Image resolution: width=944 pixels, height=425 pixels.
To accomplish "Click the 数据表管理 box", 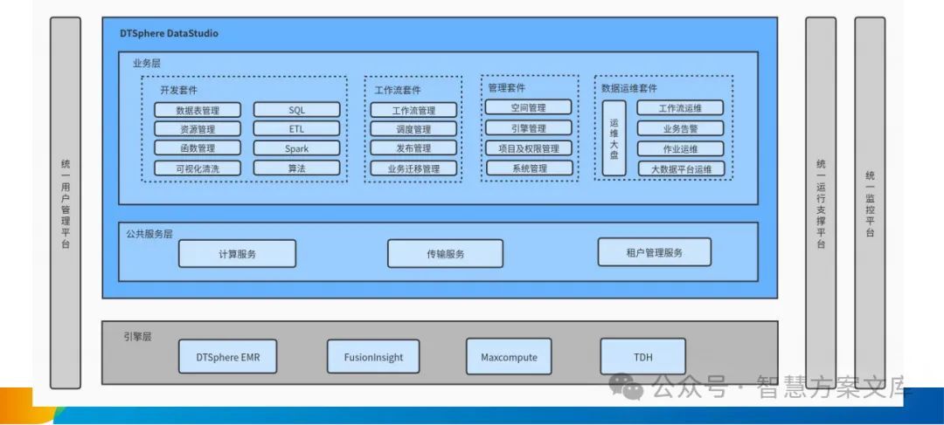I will pos(198,110).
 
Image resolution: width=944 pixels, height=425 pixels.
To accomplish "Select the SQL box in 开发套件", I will pos(296,110).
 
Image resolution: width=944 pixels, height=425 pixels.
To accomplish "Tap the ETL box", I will pos(296,129).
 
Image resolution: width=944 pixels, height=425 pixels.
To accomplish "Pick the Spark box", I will pos(296,148).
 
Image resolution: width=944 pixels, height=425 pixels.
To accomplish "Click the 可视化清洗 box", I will pos(198,168).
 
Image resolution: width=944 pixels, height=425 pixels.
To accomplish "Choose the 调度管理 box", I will pos(413,129).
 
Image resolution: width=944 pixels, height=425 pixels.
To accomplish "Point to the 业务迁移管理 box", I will pos(413,168).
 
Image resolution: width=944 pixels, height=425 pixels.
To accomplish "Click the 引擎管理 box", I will pos(529,128).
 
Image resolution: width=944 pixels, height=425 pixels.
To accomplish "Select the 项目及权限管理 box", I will pos(529,148).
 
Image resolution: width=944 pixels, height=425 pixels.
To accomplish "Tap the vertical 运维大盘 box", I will pos(614,138).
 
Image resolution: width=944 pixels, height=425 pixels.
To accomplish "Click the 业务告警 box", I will pos(680,128).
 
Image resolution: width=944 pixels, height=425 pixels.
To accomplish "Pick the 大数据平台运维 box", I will pos(680,168).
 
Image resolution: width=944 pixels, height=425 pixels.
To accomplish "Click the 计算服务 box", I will pos(237,253).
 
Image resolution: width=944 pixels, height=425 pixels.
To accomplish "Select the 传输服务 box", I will pos(445,253).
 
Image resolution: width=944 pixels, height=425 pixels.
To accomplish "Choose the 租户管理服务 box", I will pos(654,252).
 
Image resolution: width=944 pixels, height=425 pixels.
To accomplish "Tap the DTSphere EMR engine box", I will pos(227,357).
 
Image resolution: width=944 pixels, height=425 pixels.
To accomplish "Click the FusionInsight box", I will pos(373,357).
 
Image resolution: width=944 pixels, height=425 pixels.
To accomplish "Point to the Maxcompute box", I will pos(509,357).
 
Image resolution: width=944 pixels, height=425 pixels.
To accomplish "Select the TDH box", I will pos(642,357).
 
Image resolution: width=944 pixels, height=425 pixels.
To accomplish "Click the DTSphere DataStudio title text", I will pos(169,33).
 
